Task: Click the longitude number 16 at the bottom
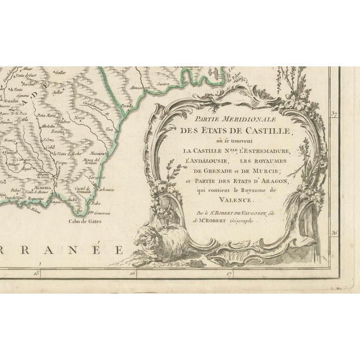click(x=133, y=274)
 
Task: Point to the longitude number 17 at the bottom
click(x=230, y=274)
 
